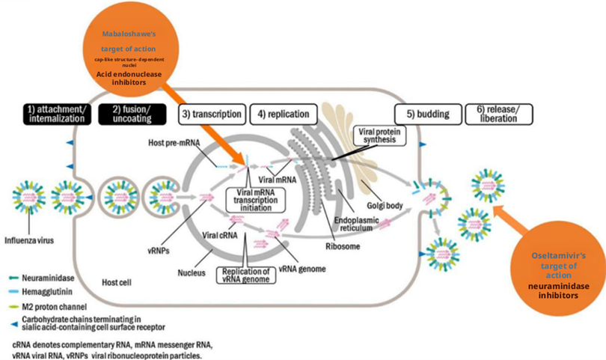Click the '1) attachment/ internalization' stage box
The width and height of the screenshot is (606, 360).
tap(58, 115)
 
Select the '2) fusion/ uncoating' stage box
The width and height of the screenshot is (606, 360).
tap(135, 115)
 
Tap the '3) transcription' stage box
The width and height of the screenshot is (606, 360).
tap(211, 115)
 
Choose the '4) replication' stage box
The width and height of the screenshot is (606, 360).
tap(281, 115)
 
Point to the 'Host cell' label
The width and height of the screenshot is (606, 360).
tap(118, 282)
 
